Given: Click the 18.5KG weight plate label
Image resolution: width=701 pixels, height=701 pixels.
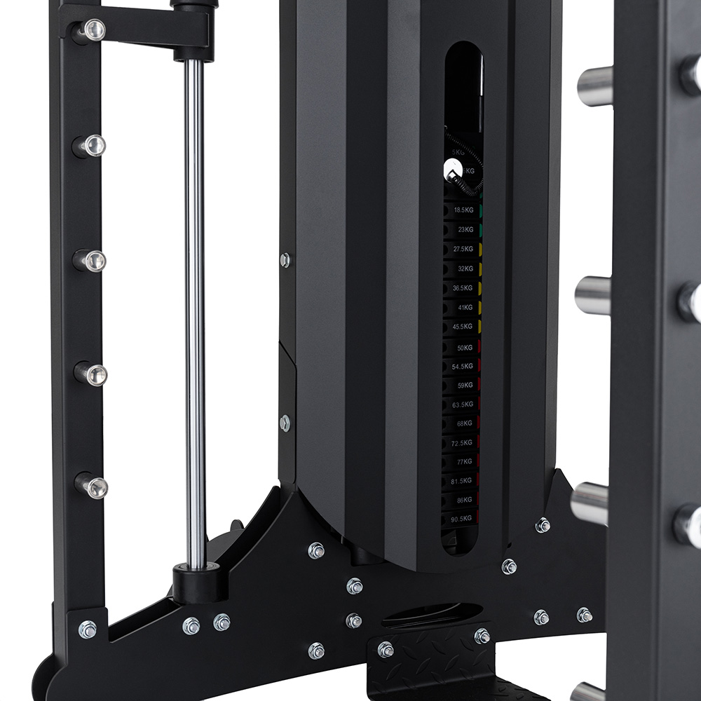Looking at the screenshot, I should (x=463, y=210).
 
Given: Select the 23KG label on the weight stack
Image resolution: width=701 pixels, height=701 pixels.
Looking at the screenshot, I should (x=464, y=229).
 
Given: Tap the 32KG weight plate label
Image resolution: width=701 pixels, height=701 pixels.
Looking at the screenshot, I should (x=464, y=268).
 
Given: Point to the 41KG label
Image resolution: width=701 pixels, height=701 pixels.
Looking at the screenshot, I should (x=464, y=307).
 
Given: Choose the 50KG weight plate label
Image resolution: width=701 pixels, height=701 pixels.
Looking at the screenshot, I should (x=463, y=347).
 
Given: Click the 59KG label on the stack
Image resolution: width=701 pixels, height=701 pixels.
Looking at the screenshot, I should (x=463, y=385).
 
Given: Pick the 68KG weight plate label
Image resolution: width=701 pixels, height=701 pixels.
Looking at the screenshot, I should (x=463, y=423).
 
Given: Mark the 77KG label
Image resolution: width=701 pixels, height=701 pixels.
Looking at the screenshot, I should (x=463, y=462).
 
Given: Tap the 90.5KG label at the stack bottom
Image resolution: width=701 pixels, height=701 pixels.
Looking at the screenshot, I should (x=462, y=519).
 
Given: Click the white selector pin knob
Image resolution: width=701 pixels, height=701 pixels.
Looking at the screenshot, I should (x=453, y=168).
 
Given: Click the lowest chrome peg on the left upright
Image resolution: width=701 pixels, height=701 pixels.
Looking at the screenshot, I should (x=92, y=486).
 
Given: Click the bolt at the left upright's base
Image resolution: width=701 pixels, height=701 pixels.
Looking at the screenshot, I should (x=88, y=629).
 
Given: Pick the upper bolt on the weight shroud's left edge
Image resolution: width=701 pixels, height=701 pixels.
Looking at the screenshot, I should (x=285, y=260).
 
